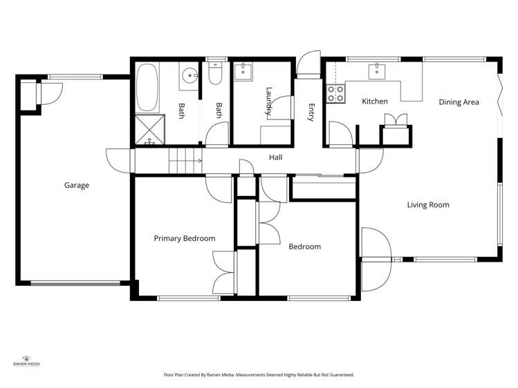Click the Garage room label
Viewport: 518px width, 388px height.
[77, 185]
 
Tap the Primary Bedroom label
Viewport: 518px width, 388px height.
[185, 238]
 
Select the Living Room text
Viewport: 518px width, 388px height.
[428, 205]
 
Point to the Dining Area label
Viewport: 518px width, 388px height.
[459, 102]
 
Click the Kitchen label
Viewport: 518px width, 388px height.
[375, 101]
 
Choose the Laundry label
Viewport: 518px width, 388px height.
[269, 101]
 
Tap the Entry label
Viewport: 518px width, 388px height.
[311, 113]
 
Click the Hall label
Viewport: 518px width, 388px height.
[275, 157]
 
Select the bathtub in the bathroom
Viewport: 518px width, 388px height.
[147, 88]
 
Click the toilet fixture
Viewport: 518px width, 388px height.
[215, 73]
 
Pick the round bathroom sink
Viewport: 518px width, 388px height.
[189, 76]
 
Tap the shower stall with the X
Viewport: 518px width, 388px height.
[149, 129]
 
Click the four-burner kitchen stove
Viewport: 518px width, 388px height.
[335, 94]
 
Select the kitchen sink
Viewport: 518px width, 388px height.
[377, 72]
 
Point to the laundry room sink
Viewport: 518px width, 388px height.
[243, 72]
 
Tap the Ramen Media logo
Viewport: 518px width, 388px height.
[26, 361]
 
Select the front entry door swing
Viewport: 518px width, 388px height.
[308, 64]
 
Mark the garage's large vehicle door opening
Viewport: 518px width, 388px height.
[75, 283]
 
